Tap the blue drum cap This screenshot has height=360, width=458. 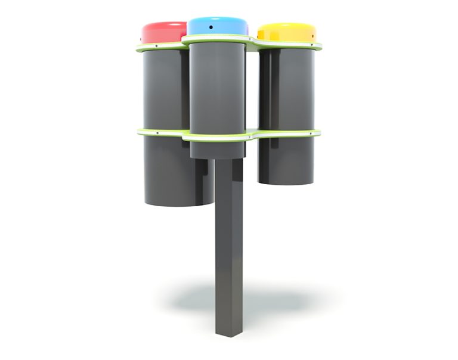(218, 26)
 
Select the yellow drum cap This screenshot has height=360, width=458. (286, 32)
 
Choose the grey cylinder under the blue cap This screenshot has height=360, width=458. (217, 89)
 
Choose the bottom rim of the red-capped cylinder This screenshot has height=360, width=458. (176, 203)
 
